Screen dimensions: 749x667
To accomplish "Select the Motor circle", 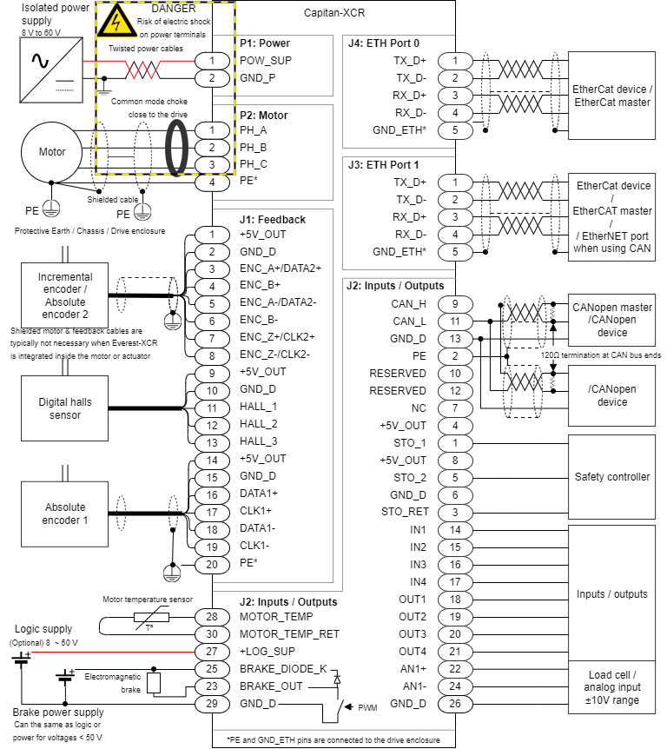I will [x=52, y=152].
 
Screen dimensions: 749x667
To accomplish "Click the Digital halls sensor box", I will [x=65, y=408].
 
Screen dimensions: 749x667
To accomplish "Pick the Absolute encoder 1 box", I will [x=65, y=514].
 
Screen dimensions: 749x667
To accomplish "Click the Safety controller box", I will [x=611, y=477].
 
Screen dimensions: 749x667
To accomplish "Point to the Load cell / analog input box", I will [x=611, y=686].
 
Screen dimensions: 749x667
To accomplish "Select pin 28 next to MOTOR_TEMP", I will [x=212, y=616].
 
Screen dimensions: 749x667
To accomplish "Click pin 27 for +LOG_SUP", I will [x=212, y=651].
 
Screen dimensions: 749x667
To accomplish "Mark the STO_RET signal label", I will [x=405, y=512].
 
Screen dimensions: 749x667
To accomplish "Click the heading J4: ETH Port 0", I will [x=383, y=43].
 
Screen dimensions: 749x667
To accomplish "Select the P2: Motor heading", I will [x=263, y=115].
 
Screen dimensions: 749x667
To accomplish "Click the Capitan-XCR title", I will [x=333, y=13].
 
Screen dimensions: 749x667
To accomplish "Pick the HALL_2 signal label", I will [x=259, y=424].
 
